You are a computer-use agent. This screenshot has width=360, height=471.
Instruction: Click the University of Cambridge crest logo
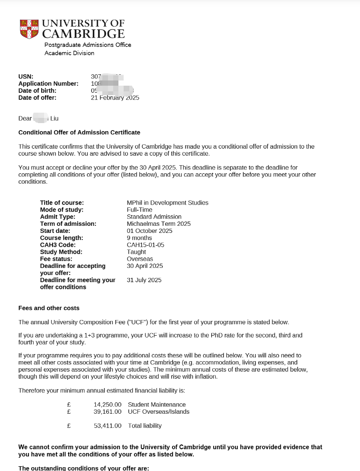click(29, 29)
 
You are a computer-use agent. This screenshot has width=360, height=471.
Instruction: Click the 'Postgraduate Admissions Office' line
click(88, 44)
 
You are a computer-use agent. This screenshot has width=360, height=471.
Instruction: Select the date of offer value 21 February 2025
click(115, 98)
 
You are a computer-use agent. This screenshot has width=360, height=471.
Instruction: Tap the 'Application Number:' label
click(48, 84)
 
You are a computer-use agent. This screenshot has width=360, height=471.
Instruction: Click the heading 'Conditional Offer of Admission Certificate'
click(79, 133)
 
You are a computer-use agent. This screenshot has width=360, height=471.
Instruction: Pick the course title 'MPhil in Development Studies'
click(167, 203)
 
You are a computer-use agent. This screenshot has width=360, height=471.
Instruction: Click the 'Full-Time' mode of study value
click(139, 210)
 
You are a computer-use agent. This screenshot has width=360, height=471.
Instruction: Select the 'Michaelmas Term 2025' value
click(159, 224)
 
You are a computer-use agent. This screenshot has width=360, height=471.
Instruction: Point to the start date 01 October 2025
click(150, 231)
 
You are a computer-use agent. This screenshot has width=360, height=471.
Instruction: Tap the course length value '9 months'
click(139, 238)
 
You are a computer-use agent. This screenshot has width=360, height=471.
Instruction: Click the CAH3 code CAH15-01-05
click(145, 245)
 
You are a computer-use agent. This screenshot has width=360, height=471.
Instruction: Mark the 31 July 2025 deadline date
click(144, 280)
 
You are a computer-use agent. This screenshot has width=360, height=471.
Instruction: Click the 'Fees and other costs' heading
click(49, 308)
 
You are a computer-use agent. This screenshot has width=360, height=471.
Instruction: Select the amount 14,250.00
click(108, 405)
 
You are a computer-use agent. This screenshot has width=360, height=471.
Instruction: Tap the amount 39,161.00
click(108, 412)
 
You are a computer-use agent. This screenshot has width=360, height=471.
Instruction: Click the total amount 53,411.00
click(108, 426)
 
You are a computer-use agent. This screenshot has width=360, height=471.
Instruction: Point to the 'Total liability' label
click(144, 426)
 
